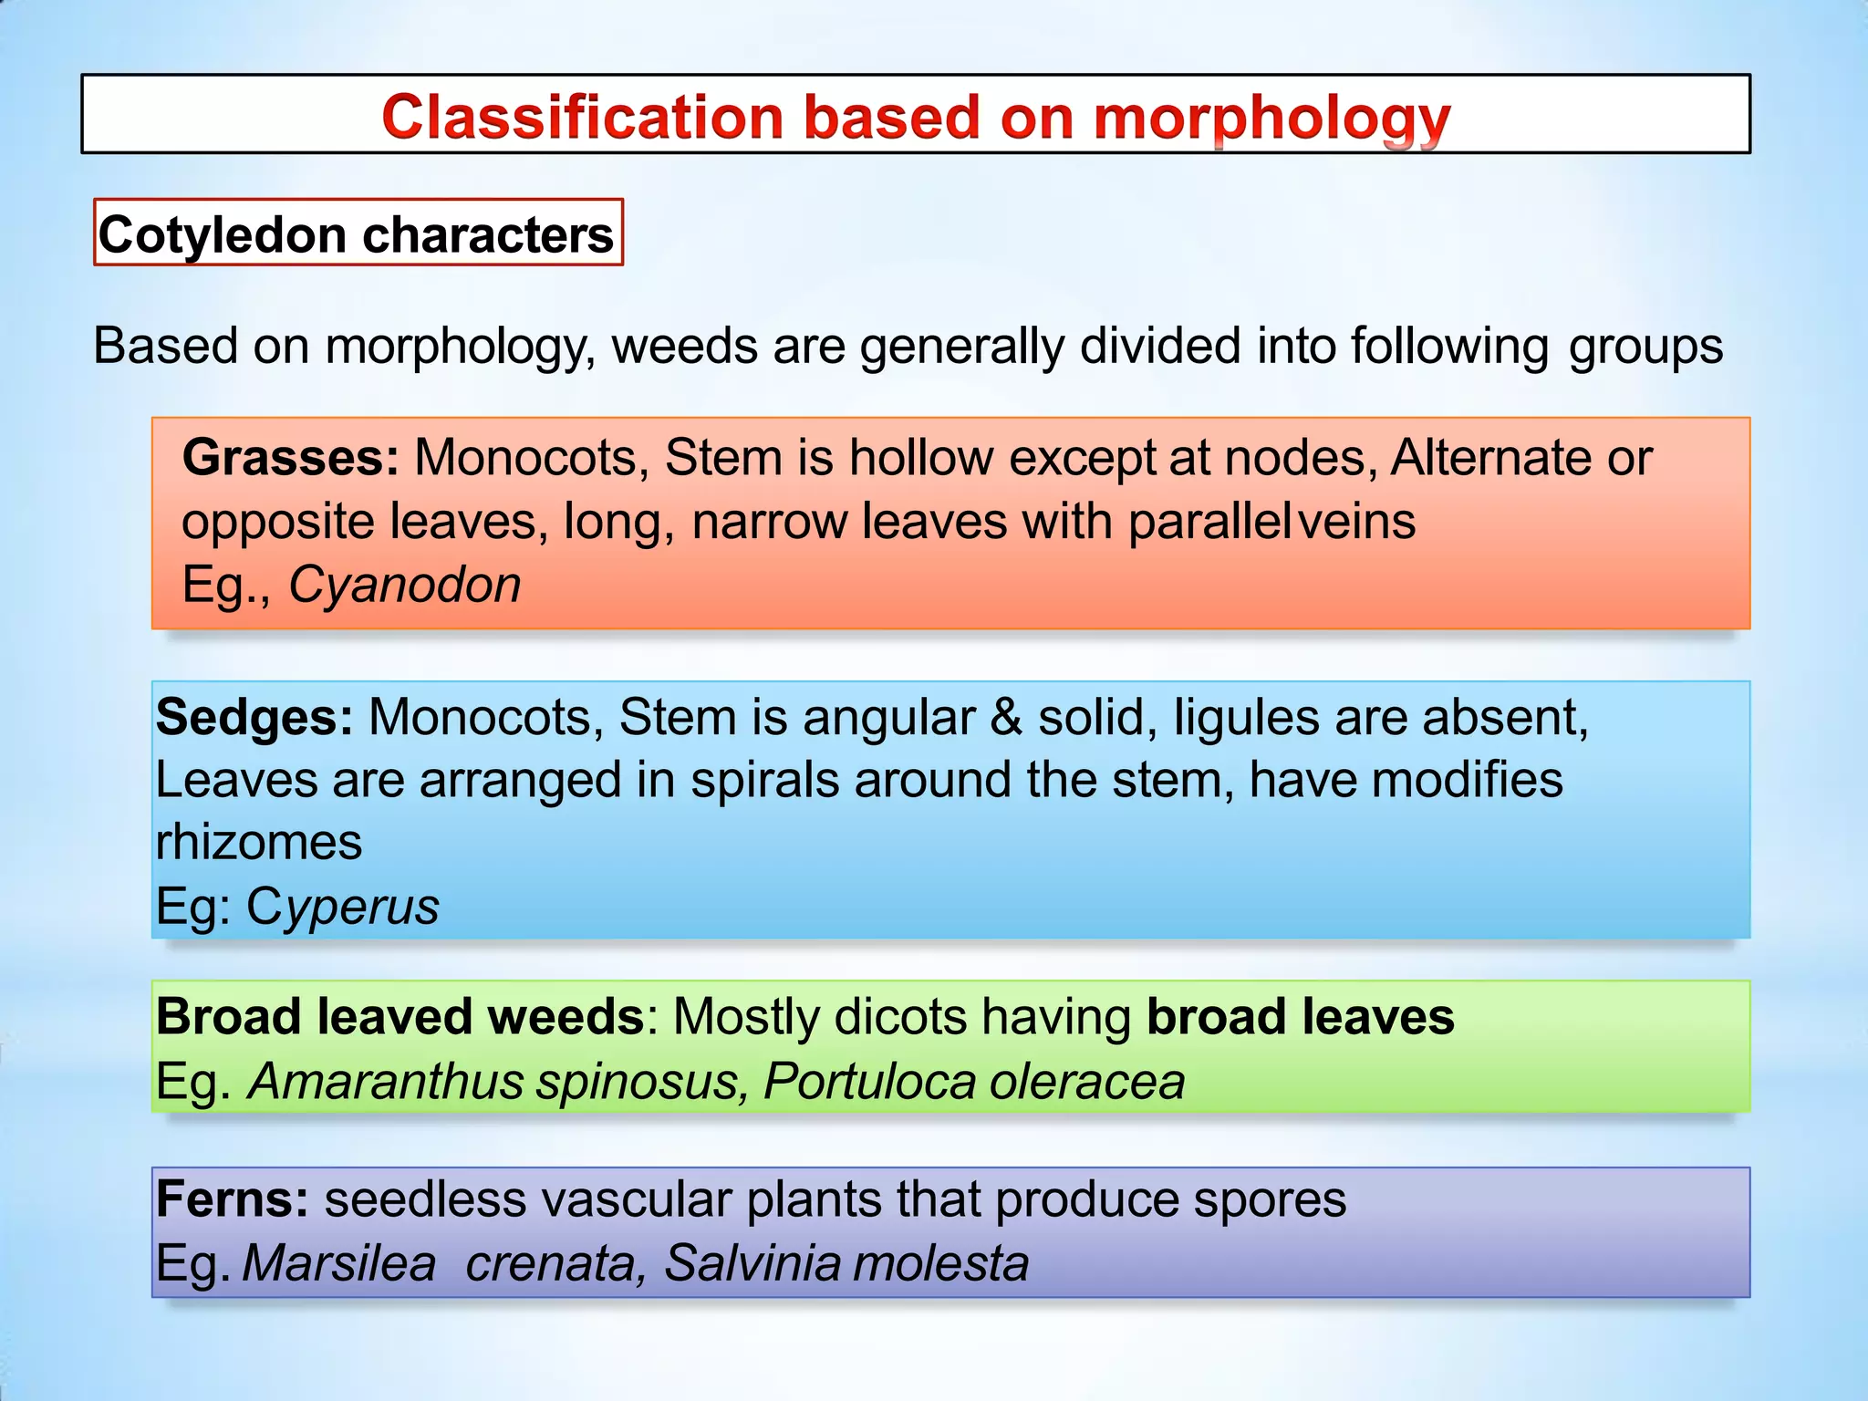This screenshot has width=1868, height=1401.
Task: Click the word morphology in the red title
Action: (1271, 119)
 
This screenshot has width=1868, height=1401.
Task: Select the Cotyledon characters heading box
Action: (358, 234)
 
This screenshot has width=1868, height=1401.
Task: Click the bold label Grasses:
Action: (290, 457)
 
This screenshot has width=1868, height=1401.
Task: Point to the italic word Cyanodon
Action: (404, 585)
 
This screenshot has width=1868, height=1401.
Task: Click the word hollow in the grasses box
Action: (920, 457)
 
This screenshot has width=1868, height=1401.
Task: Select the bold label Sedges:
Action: (254, 717)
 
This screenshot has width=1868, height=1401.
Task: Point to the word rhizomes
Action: (259, 842)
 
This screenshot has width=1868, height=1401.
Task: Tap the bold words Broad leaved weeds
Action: (400, 1016)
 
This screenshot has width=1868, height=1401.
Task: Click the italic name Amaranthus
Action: (385, 1082)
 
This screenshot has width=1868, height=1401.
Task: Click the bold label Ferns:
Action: (233, 1199)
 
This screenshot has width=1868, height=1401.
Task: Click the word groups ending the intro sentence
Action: (1645, 348)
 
